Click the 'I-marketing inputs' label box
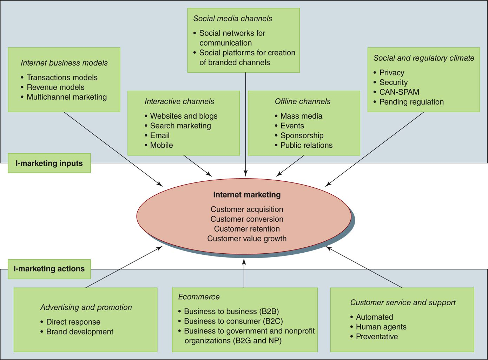point(49,163)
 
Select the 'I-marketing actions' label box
point(49,269)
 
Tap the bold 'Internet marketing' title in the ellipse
point(247,195)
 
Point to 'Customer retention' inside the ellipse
point(247,229)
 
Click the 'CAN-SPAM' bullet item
point(399,92)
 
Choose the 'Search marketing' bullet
point(180,126)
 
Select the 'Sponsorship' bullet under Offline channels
point(302,135)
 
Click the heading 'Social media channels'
point(232,19)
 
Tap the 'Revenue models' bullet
point(55,87)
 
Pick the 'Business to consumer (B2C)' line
point(233,321)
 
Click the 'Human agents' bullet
point(381,327)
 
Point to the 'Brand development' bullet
point(80,332)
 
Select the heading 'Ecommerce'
point(199,297)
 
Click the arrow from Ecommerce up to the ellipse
point(244,274)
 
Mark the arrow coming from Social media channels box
point(245,123)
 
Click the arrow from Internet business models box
point(112,148)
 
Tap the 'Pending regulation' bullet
point(411,102)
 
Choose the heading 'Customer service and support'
point(403,302)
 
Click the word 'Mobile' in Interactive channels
point(161,145)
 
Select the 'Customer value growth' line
point(247,239)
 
